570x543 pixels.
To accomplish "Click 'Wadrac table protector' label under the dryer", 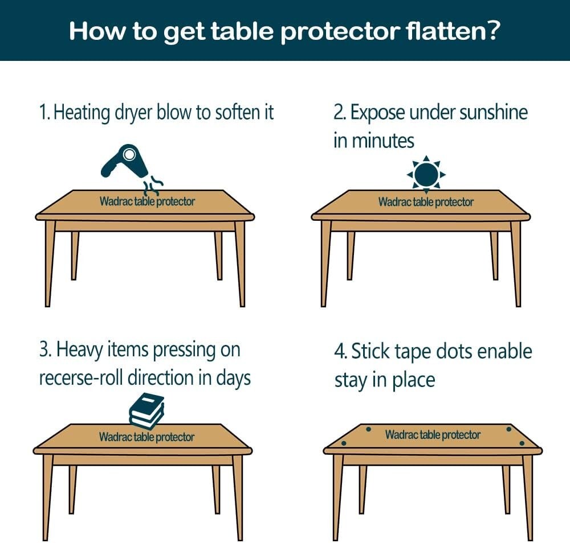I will (x=147, y=201).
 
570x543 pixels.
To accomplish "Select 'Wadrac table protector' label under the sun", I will (x=426, y=201).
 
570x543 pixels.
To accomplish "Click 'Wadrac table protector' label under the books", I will (x=146, y=437).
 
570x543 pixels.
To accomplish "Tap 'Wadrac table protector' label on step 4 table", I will (x=433, y=435).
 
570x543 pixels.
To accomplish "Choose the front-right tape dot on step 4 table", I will (x=522, y=443).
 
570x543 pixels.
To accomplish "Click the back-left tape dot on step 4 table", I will (x=368, y=429).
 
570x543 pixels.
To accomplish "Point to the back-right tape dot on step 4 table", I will (x=508, y=429).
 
